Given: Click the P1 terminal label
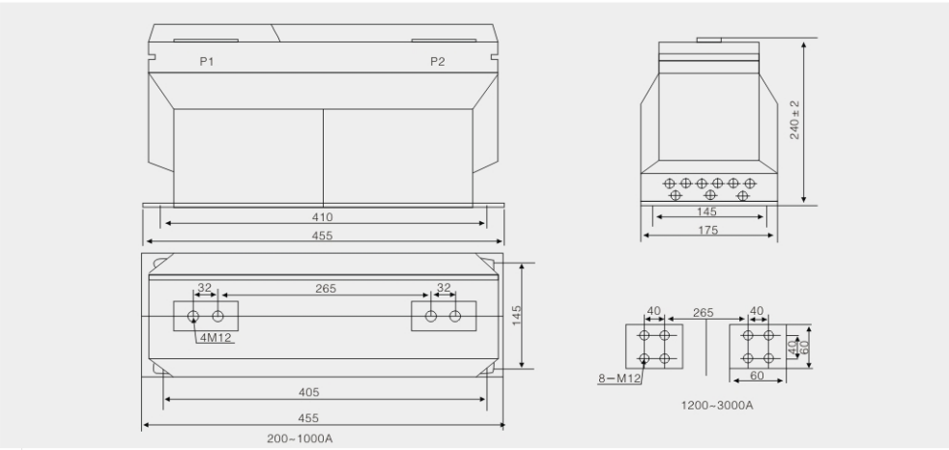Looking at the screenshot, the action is coord(207,61).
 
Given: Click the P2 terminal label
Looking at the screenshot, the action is coord(438,61).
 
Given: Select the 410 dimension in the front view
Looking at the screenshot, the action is coord(323,216).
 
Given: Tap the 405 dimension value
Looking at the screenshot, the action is coord(308,392).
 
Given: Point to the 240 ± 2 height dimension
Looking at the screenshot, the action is coord(794,120).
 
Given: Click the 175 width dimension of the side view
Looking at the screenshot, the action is coord(708,230).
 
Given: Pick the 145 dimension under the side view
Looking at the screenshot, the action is coord(706,211).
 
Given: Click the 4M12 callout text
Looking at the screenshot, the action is coord(216,338).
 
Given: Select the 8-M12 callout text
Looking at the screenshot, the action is coord(619,379).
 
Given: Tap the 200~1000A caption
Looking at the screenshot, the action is coord(300,438).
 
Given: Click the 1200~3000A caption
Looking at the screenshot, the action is coord(717,406).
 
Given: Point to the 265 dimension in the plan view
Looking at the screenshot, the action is coord(326,289).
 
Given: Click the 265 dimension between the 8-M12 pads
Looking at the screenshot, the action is coord(704,313).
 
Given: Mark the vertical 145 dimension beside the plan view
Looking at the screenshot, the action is coord(516,315).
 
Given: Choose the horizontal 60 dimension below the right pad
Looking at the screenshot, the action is coord(757,376).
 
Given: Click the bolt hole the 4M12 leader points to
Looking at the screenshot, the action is coord(193,317).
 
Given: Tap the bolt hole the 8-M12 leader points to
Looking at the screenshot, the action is coord(645,358).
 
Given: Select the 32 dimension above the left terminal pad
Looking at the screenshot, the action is coord(205,288).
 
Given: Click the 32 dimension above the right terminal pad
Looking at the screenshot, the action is coord(444,288).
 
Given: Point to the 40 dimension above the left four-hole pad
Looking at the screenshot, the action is coord(654,311).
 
